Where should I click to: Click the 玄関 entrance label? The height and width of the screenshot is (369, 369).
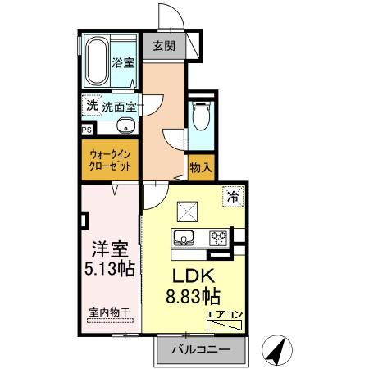[x=163, y=46]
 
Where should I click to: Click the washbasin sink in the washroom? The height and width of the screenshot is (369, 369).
[x=125, y=126]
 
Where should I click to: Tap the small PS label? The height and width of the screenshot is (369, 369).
[x=86, y=130]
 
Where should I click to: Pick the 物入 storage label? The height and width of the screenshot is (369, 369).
[x=202, y=166]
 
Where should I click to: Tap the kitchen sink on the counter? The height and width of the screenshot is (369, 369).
[x=184, y=239]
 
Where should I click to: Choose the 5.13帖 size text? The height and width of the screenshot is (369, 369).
[x=109, y=268]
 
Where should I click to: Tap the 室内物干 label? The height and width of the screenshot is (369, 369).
[x=109, y=312]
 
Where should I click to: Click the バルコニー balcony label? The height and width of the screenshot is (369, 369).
[x=201, y=350]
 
